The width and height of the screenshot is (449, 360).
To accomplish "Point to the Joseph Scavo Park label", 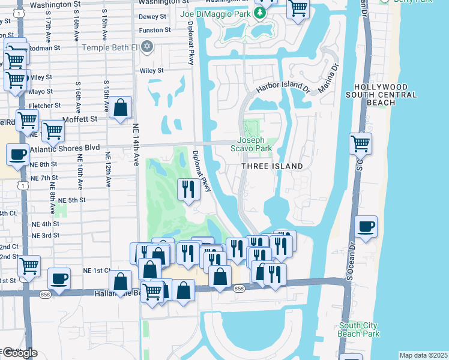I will click(x=259, y=144).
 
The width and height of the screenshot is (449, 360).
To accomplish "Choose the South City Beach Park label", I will click(x=358, y=329).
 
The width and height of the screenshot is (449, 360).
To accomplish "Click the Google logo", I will click(x=19, y=353).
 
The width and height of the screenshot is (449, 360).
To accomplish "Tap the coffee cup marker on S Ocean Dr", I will click(x=366, y=227).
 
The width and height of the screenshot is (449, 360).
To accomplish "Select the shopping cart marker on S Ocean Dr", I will click(x=360, y=143).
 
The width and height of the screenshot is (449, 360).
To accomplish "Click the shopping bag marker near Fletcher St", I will click(x=121, y=107).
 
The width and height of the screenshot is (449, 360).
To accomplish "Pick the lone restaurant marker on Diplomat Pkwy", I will click(x=188, y=190).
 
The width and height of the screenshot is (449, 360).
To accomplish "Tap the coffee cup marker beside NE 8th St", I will click(x=17, y=154).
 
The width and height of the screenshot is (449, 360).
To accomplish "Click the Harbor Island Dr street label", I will click(x=282, y=87).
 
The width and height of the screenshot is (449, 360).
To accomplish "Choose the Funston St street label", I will click(x=151, y=30).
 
